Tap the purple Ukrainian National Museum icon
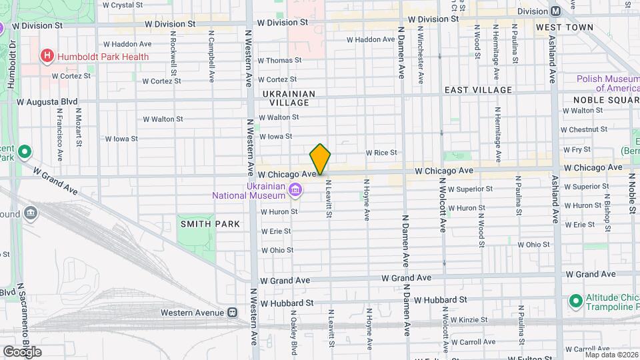click(295, 192)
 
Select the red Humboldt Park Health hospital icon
click(47, 56)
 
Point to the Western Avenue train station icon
click(233, 312)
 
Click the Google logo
click(22, 352)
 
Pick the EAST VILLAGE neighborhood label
click(478, 90)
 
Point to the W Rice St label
click(381, 153)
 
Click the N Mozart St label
click(79, 127)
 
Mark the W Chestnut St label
click(587, 129)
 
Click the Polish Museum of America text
click(608, 83)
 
